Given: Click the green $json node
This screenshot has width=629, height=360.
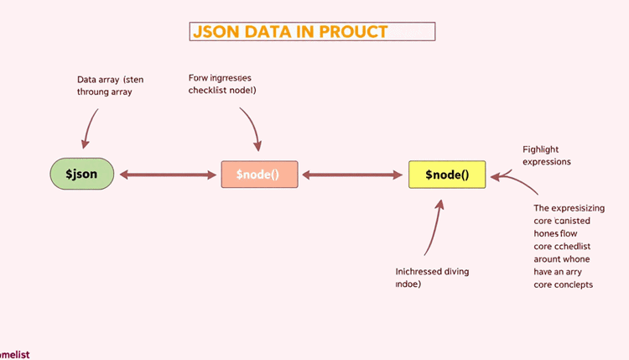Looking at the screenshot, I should [x=81, y=175].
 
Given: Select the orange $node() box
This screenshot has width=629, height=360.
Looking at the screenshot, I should [x=258, y=175].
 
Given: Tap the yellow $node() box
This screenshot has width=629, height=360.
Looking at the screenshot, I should [x=446, y=175].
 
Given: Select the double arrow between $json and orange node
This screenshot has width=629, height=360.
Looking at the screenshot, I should [x=168, y=175].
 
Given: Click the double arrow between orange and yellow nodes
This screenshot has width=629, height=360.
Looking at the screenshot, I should [x=352, y=175].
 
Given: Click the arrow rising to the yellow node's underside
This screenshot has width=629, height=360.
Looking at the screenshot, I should [x=434, y=227].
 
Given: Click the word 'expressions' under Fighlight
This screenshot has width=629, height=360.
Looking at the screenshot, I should [x=547, y=161].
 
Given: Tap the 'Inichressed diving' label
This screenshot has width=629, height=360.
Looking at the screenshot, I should [x=432, y=272].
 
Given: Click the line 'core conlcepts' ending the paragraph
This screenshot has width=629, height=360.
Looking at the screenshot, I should [x=563, y=284].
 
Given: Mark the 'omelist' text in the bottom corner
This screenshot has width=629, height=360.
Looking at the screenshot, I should [x=15, y=354].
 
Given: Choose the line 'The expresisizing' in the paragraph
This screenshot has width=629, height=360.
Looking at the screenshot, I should [x=580, y=207].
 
